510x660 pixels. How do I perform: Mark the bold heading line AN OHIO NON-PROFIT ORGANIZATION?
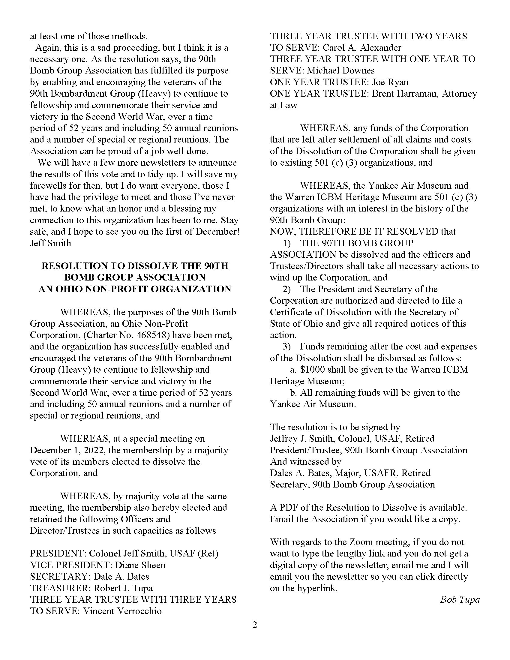tap(135, 289)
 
